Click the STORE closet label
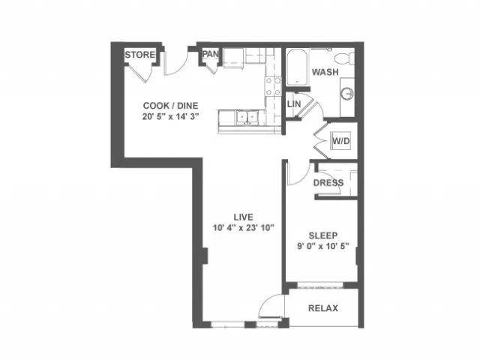(140, 55)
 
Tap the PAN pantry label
(210, 54)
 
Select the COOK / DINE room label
(170, 106)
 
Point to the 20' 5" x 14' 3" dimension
(170, 117)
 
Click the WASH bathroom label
(325, 72)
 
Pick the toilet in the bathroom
(344, 58)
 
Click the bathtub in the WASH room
(297, 67)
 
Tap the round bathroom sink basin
(347, 93)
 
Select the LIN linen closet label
(294, 104)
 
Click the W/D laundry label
(341, 141)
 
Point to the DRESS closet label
(328, 183)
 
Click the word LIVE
(243, 217)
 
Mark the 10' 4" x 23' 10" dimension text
(243, 228)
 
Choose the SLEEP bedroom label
(323, 235)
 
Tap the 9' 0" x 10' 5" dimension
(323, 246)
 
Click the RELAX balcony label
(323, 308)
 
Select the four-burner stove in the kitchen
(273, 86)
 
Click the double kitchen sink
(247, 118)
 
